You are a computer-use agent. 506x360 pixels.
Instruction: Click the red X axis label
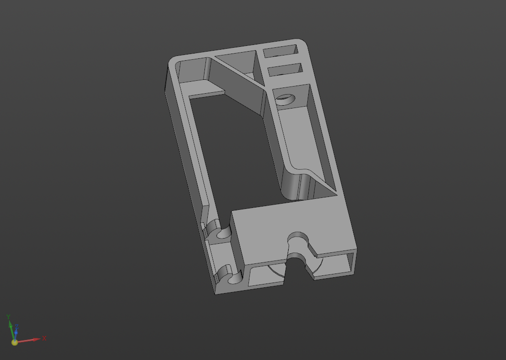tap(44, 338)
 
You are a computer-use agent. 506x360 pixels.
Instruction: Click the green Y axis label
tap(9, 317)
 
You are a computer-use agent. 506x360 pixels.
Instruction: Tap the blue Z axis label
tap(17, 327)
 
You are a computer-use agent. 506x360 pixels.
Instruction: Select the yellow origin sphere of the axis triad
tap(14, 342)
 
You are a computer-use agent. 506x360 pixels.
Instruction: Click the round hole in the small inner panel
tap(286, 99)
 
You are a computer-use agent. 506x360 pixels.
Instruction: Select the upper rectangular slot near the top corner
tap(280, 51)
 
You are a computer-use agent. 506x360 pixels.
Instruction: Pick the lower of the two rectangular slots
tap(285, 69)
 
